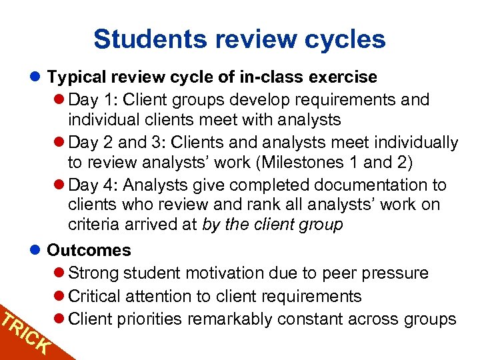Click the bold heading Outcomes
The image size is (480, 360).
tap(89, 251)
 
